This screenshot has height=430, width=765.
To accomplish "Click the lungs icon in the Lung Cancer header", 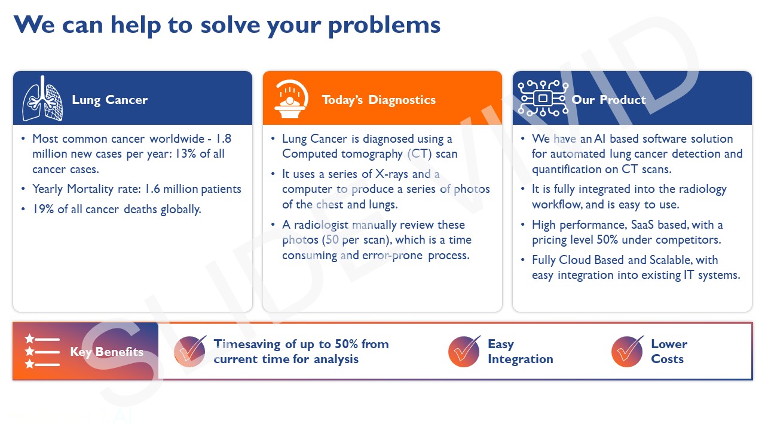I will pos(42,99).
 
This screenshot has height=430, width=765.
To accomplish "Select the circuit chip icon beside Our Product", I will pos(543,98).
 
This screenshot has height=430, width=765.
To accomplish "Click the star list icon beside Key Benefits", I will pos(42,351).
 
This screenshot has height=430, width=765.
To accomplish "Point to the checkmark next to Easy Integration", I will pos(464,351).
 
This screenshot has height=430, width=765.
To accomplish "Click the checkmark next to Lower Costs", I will pos(627,351).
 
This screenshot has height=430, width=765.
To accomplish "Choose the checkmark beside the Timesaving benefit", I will pos(190,351).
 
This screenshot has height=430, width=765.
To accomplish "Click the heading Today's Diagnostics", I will pos(378,100).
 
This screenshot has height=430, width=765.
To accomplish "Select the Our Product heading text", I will pos(608,100).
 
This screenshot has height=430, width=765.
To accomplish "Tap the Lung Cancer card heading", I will pos(109,100).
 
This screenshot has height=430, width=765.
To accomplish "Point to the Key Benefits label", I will pos(106,352).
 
